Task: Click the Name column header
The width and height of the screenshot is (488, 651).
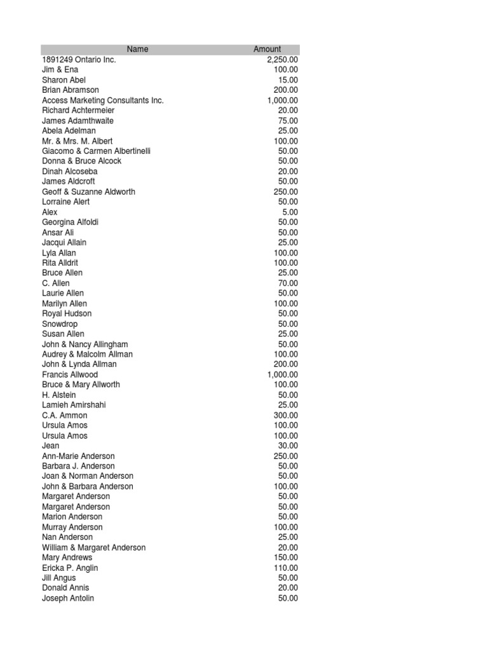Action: click(137, 49)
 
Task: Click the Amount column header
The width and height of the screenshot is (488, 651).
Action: click(267, 49)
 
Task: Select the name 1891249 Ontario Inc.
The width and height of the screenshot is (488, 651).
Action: click(79, 59)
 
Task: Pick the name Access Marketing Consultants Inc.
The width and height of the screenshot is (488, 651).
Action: click(103, 100)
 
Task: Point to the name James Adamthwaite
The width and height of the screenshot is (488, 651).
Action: click(78, 120)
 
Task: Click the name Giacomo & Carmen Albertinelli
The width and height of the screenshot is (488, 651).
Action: click(97, 151)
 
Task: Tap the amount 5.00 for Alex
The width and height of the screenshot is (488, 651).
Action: click(290, 212)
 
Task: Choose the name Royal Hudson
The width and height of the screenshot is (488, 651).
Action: click(67, 313)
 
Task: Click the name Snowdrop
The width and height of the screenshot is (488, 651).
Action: click(60, 324)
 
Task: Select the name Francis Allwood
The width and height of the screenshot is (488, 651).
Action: click(70, 374)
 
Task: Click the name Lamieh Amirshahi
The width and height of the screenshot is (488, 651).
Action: click(74, 405)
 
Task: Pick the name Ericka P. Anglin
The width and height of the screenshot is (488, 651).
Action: click(70, 568)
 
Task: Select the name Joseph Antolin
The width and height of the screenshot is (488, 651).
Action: click(68, 598)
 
